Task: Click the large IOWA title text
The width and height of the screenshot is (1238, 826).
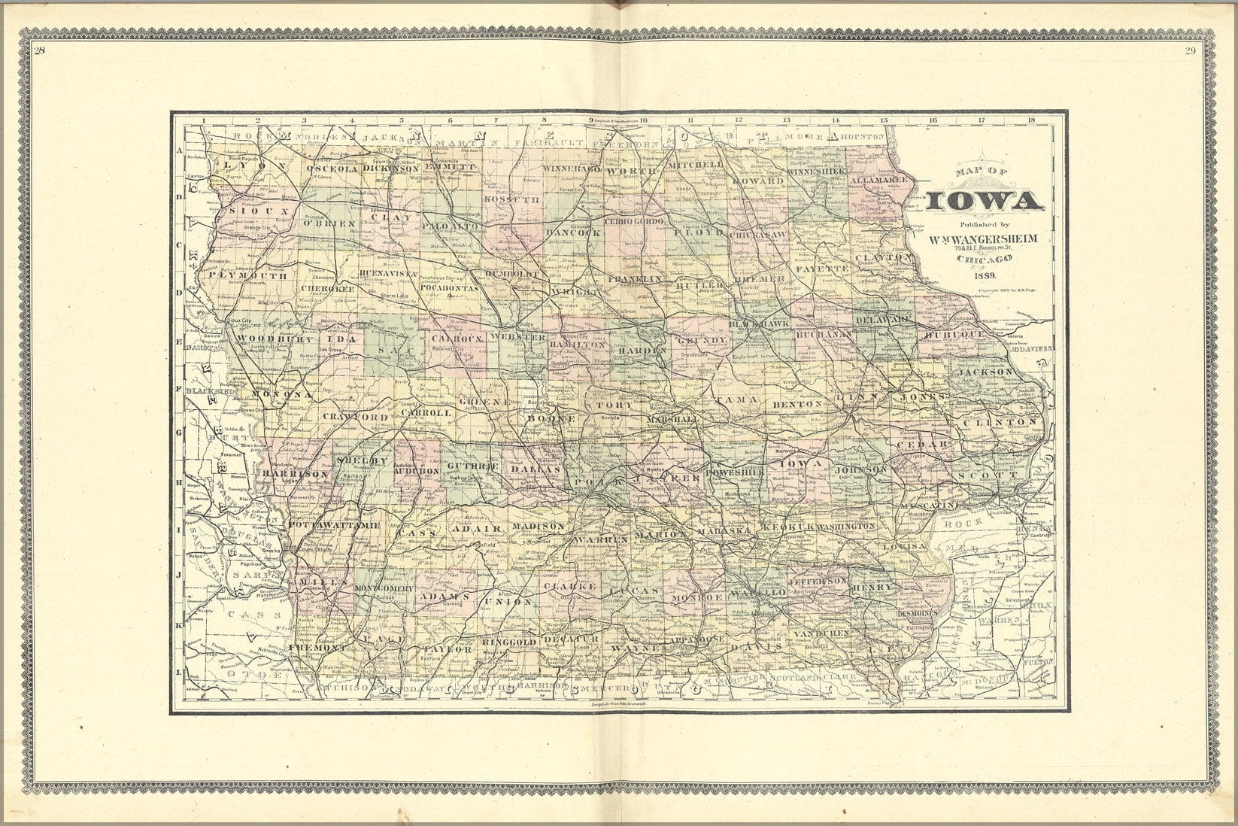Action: [x=984, y=201]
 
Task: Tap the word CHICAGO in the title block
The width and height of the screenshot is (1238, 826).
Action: [x=985, y=260]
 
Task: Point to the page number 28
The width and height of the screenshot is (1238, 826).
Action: [x=40, y=51]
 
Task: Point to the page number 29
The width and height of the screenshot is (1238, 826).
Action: [x=1190, y=51]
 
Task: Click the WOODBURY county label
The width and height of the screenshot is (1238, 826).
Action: [x=263, y=340]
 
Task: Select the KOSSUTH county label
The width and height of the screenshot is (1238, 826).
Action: [x=512, y=200]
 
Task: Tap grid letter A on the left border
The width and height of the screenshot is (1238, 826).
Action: [x=180, y=150]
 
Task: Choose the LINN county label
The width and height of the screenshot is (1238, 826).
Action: [x=857, y=396]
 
